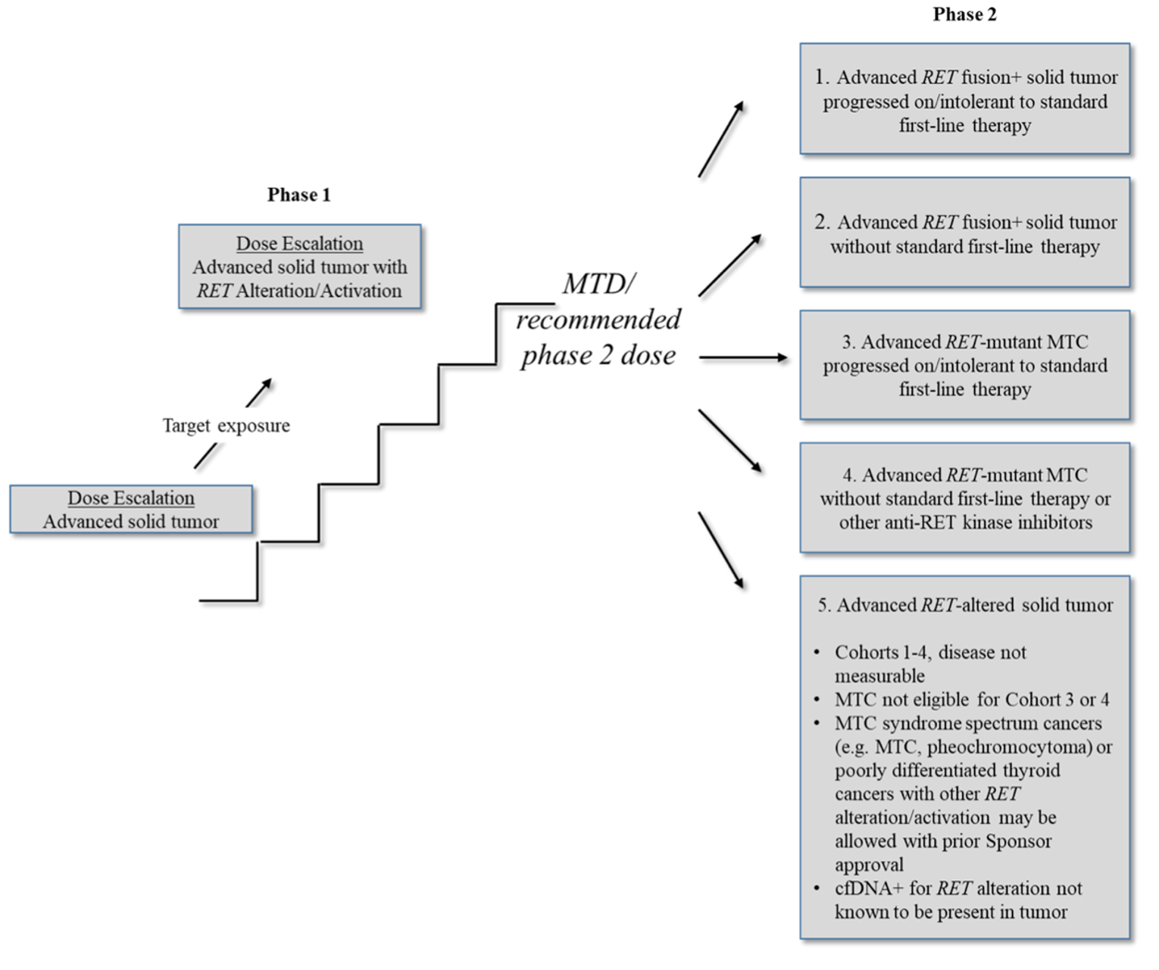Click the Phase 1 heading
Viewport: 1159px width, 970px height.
298,195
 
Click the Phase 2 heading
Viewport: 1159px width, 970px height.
964,14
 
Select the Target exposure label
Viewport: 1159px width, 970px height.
226,426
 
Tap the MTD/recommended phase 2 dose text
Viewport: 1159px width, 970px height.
598,320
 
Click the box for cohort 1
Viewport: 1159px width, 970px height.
964,100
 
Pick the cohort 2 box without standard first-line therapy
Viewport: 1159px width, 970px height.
964,233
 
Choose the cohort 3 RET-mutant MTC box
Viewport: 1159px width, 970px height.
964,365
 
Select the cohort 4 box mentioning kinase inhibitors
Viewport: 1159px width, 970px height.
964,498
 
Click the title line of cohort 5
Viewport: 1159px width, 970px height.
964,605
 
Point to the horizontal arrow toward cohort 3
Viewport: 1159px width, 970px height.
742,357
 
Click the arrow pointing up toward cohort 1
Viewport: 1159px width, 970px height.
720,139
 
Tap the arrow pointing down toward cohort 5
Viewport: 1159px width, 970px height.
720,550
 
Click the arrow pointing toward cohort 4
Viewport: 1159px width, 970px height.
729,441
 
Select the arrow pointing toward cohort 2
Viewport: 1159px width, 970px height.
729,265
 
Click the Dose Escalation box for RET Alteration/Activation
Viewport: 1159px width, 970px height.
299,267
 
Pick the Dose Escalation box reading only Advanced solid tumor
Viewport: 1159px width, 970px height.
131,510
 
